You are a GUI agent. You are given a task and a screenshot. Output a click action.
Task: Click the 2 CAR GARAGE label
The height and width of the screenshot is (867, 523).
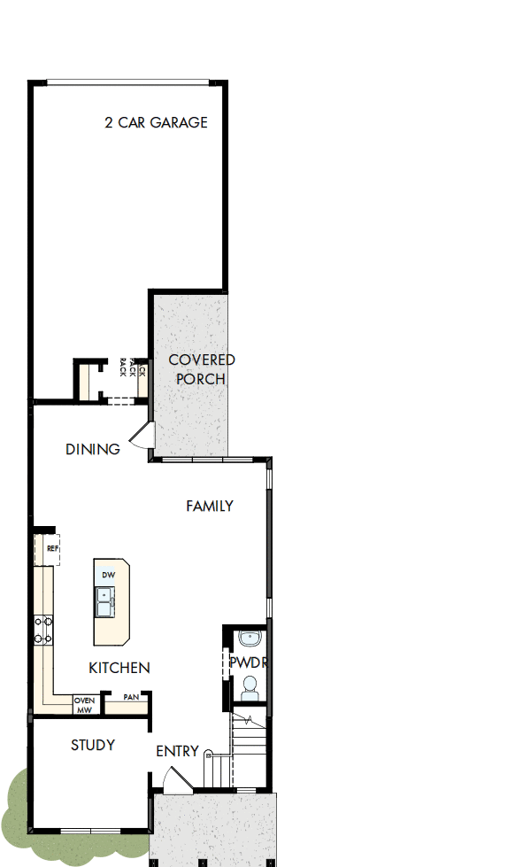tap(156, 122)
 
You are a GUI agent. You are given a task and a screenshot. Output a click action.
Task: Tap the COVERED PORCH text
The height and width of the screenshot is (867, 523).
tap(201, 369)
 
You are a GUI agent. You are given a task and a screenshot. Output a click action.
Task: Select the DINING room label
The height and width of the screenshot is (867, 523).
tap(93, 449)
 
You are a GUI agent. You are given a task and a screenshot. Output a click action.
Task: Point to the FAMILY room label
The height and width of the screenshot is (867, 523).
tap(210, 506)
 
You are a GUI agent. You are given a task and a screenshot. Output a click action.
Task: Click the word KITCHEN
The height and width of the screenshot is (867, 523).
tap(119, 668)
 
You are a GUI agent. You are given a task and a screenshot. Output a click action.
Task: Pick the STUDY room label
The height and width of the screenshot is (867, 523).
tap(93, 745)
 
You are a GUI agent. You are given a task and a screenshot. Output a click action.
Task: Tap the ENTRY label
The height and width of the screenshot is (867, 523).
tap(177, 751)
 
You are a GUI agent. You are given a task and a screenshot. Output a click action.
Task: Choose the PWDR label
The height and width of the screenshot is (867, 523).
tap(248, 662)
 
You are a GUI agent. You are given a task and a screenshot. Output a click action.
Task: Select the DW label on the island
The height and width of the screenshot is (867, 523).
tap(109, 576)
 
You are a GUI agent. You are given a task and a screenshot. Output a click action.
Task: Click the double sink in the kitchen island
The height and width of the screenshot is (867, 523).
tap(105, 604)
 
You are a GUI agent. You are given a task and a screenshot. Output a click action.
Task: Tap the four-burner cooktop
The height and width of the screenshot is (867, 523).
tap(42, 628)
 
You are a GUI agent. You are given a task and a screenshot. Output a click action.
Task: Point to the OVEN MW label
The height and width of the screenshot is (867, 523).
tap(85, 705)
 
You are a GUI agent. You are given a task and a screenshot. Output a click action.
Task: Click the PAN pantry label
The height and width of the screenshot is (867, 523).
tap(130, 697)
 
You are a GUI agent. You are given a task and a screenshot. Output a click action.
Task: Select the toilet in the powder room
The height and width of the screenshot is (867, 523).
tap(250, 685)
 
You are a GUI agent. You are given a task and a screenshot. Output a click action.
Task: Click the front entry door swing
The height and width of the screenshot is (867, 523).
tap(176, 782)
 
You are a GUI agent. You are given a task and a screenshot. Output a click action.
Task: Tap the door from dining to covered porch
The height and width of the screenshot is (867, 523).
tap(143, 435)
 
